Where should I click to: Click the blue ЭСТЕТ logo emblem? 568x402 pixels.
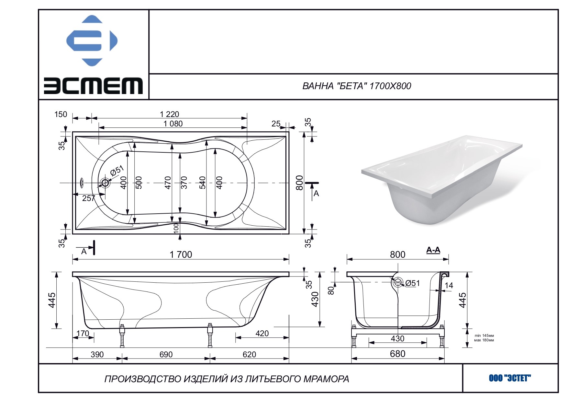pos(92,41)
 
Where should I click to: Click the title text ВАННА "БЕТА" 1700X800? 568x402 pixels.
pos(357,86)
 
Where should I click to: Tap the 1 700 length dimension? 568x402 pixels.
pos(181,254)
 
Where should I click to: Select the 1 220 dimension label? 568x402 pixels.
pos(169,114)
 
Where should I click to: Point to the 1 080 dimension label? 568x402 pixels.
pos(173,124)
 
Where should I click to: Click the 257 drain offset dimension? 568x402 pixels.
pos(88,198)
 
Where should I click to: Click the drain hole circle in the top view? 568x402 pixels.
pos(105,183)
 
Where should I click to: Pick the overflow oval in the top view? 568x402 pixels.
pos(82,183)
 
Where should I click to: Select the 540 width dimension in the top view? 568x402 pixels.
pos(202,183)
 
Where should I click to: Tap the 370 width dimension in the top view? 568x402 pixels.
pos(184,183)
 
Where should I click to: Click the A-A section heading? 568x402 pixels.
pos(433,250)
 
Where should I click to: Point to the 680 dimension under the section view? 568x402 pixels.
pos(397,354)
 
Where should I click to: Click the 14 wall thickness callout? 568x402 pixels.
pos(449,285)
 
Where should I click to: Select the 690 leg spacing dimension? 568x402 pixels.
pos(166,354)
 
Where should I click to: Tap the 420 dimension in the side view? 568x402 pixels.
pos(262,333)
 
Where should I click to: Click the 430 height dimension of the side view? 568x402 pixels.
pos(315,299)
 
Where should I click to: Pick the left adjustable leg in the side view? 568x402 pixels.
pos(122,336)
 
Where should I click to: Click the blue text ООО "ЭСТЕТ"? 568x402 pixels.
pos(510,378)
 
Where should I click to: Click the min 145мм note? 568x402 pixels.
pos(484,336)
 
